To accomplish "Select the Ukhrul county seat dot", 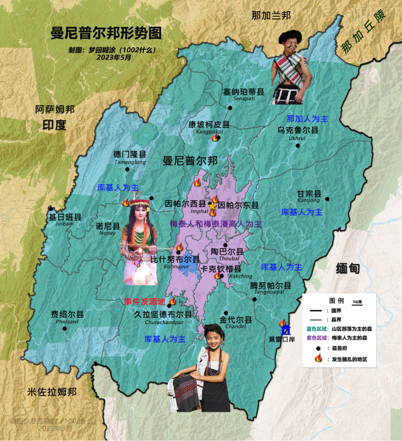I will (x=297, y=145).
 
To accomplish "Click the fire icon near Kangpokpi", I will (x=215, y=138).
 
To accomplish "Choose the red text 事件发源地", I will (x=144, y=302).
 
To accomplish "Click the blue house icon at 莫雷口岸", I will (x=285, y=331).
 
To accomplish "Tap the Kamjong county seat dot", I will (x=327, y=199).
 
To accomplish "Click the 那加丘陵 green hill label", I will (x=363, y=32).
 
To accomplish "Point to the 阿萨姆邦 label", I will (x=55, y=109).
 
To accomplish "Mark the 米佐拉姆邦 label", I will (x=52, y=392).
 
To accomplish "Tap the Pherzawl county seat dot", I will (x=64, y=328).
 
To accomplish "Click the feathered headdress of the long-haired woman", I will (x=139, y=202).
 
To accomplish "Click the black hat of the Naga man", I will (x=290, y=36).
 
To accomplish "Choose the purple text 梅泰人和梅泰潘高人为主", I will (x=215, y=224).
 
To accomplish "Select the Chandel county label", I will (x=236, y=320).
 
